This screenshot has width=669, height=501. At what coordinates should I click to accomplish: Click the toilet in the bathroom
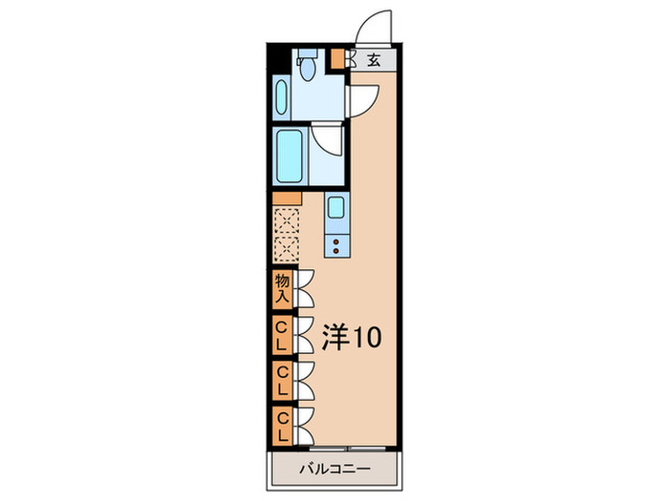click(x=306, y=66)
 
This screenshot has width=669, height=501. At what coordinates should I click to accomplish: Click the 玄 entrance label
click(x=374, y=59)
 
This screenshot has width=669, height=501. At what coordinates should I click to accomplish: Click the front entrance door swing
click(x=374, y=29)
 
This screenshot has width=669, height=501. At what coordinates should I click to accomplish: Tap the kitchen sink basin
click(x=335, y=207)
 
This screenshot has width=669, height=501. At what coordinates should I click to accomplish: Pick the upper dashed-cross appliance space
click(x=286, y=222)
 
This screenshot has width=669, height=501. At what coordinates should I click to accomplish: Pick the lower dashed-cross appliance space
click(x=286, y=250)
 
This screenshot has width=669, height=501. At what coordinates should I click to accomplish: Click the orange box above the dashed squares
click(x=287, y=198)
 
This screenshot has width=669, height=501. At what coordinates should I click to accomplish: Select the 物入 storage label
click(x=282, y=287)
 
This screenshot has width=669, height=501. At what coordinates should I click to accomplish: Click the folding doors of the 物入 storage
click(x=306, y=287)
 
